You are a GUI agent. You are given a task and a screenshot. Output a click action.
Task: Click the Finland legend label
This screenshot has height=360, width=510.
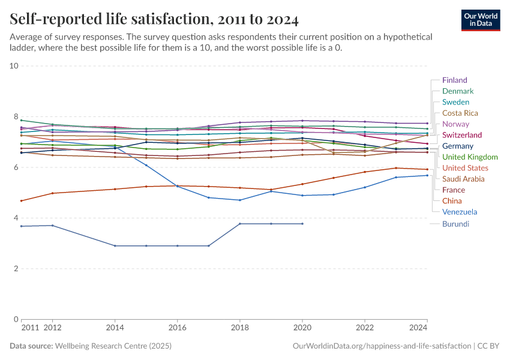pyautogui.click(x=454, y=80)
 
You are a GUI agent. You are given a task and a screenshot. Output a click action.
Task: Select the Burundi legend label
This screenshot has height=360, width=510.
pyautogui.click(x=455, y=224)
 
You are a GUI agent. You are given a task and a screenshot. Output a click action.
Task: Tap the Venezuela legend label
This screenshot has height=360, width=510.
pyautogui.click(x=460, y=212)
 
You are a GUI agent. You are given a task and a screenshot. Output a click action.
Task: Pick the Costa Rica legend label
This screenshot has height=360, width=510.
pyautogui.click(x=460, y=113)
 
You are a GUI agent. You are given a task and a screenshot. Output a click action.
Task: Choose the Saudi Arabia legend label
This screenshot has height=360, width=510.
pyautogui.click(x=463, y=179)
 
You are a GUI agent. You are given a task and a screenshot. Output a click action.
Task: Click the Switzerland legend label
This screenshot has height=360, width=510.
pyautogui.click(x=461, y=135)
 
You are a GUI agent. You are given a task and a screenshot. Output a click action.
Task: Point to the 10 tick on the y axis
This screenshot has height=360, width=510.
pyautogui.click(x=14, y=65)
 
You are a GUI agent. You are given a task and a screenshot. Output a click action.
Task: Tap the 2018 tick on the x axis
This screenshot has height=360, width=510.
pyautogui.click(x=240, y=328)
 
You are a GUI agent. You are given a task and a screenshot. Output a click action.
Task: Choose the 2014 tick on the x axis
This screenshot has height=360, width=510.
pyautogui.click(x=115, y=328)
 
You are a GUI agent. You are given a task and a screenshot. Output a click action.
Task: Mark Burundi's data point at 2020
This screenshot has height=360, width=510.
pyautogui.click(x=302, y=224)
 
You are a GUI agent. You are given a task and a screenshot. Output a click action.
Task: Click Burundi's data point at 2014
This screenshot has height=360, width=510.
pyautogui.click(x=115, y=246)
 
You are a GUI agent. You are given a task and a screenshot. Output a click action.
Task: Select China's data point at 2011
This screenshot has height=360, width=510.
pyautogui.click(x=22, y=200)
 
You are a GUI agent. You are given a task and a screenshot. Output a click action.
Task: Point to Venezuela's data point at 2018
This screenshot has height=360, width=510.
pyautogui.click(x=240, y=200)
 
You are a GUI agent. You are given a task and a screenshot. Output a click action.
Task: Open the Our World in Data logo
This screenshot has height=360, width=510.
pyautogui.click(x=481, y=20)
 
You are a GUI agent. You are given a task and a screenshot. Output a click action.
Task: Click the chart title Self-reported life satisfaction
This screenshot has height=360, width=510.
pyautogui.click(x=154, y=20)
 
